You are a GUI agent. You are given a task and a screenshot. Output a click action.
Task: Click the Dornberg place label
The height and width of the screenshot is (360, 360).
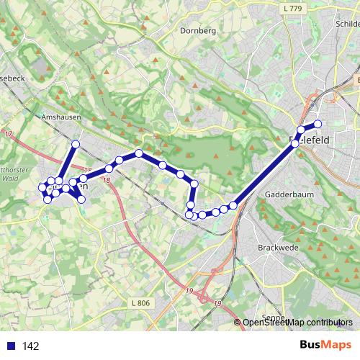point(198,31)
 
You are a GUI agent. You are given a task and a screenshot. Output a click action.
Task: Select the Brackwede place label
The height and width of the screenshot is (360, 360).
point(273,247)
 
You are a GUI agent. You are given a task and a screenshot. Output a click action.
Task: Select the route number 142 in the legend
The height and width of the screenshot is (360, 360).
point(30,346)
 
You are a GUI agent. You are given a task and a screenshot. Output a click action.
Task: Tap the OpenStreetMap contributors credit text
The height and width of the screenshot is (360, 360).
point(297,323)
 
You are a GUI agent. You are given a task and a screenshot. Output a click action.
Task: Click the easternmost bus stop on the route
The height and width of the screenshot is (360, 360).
point(318,124)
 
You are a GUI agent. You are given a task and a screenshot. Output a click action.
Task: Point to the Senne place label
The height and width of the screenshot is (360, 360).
point(272,318)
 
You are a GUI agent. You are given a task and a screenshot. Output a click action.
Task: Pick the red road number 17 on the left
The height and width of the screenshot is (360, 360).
point(9,135)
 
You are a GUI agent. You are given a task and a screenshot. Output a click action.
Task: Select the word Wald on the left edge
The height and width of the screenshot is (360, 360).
point(11,175)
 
